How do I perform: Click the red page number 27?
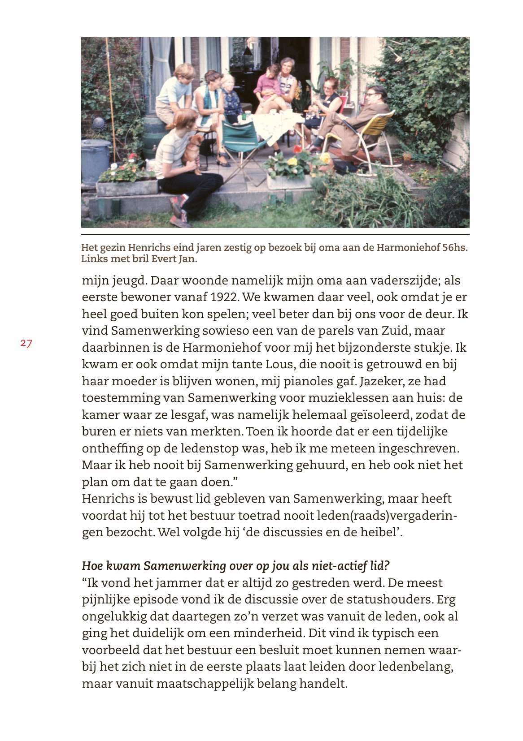coord(26,344)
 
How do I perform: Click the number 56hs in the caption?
coord(454,248)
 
